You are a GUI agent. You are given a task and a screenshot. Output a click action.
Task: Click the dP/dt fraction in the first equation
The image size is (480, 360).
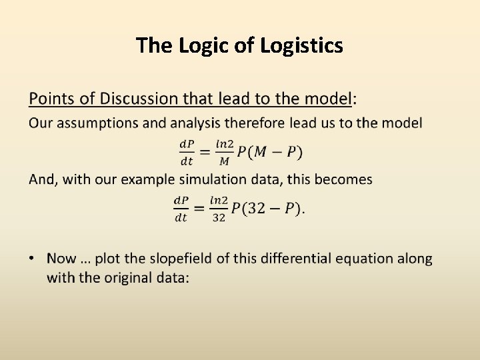(187, 152)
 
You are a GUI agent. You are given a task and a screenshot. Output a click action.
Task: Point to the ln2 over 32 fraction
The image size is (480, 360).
(219, 209)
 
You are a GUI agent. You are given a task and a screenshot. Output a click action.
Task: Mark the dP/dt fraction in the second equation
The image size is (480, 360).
(181, 209)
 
